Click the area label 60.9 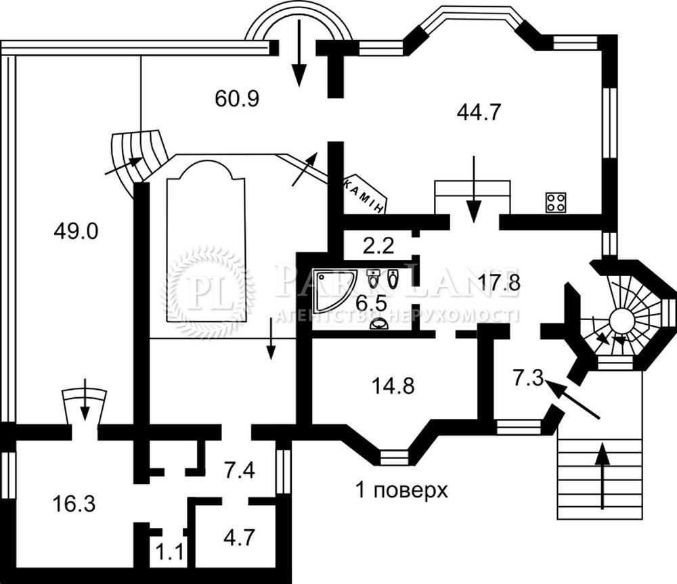click(x=238, y=99)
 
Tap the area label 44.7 click(x=478, y=112)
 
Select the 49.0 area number click(x=76, y=232)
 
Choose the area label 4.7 click(x=240, y=540)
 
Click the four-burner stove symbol click(x=556, y=201)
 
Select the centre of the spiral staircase click(x=619, y=318)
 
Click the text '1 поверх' click(x=402, y=489)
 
